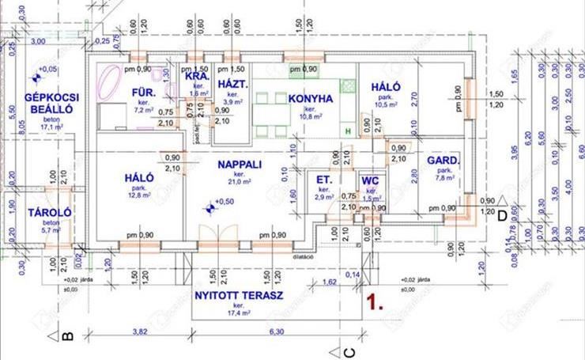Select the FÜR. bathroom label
[143, 94]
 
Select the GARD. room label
[442, 161]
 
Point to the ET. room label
[323, 180]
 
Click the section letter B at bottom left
[67, 337]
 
